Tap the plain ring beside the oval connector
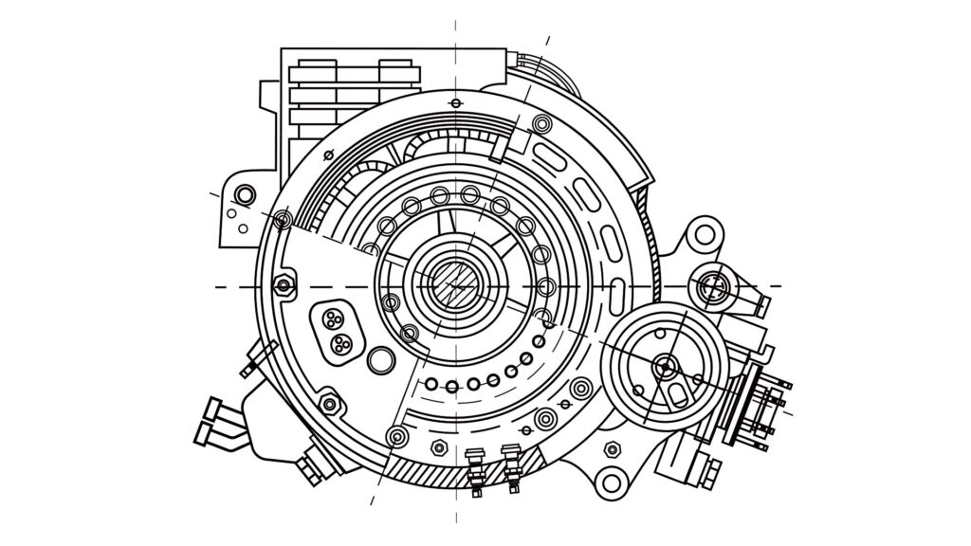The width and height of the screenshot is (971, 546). click(x=381, y=359)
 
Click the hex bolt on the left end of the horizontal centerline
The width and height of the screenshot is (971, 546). click(x=283, y=286)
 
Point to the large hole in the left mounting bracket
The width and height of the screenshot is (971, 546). click(x=245, y=195)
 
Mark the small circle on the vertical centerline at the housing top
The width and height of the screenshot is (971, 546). click(x=456, y=103)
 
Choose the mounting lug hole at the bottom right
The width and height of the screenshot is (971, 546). click(x=612, y=482)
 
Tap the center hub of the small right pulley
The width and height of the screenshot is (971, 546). click(x=664, y=364)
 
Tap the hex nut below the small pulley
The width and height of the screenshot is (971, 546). click(x=614, y=447)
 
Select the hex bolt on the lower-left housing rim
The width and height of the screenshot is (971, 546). click(x=329, y=404)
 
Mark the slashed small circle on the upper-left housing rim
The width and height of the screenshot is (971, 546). click(x=282, y=220)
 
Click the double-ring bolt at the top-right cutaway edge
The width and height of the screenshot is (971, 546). click(x=541, y=123)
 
